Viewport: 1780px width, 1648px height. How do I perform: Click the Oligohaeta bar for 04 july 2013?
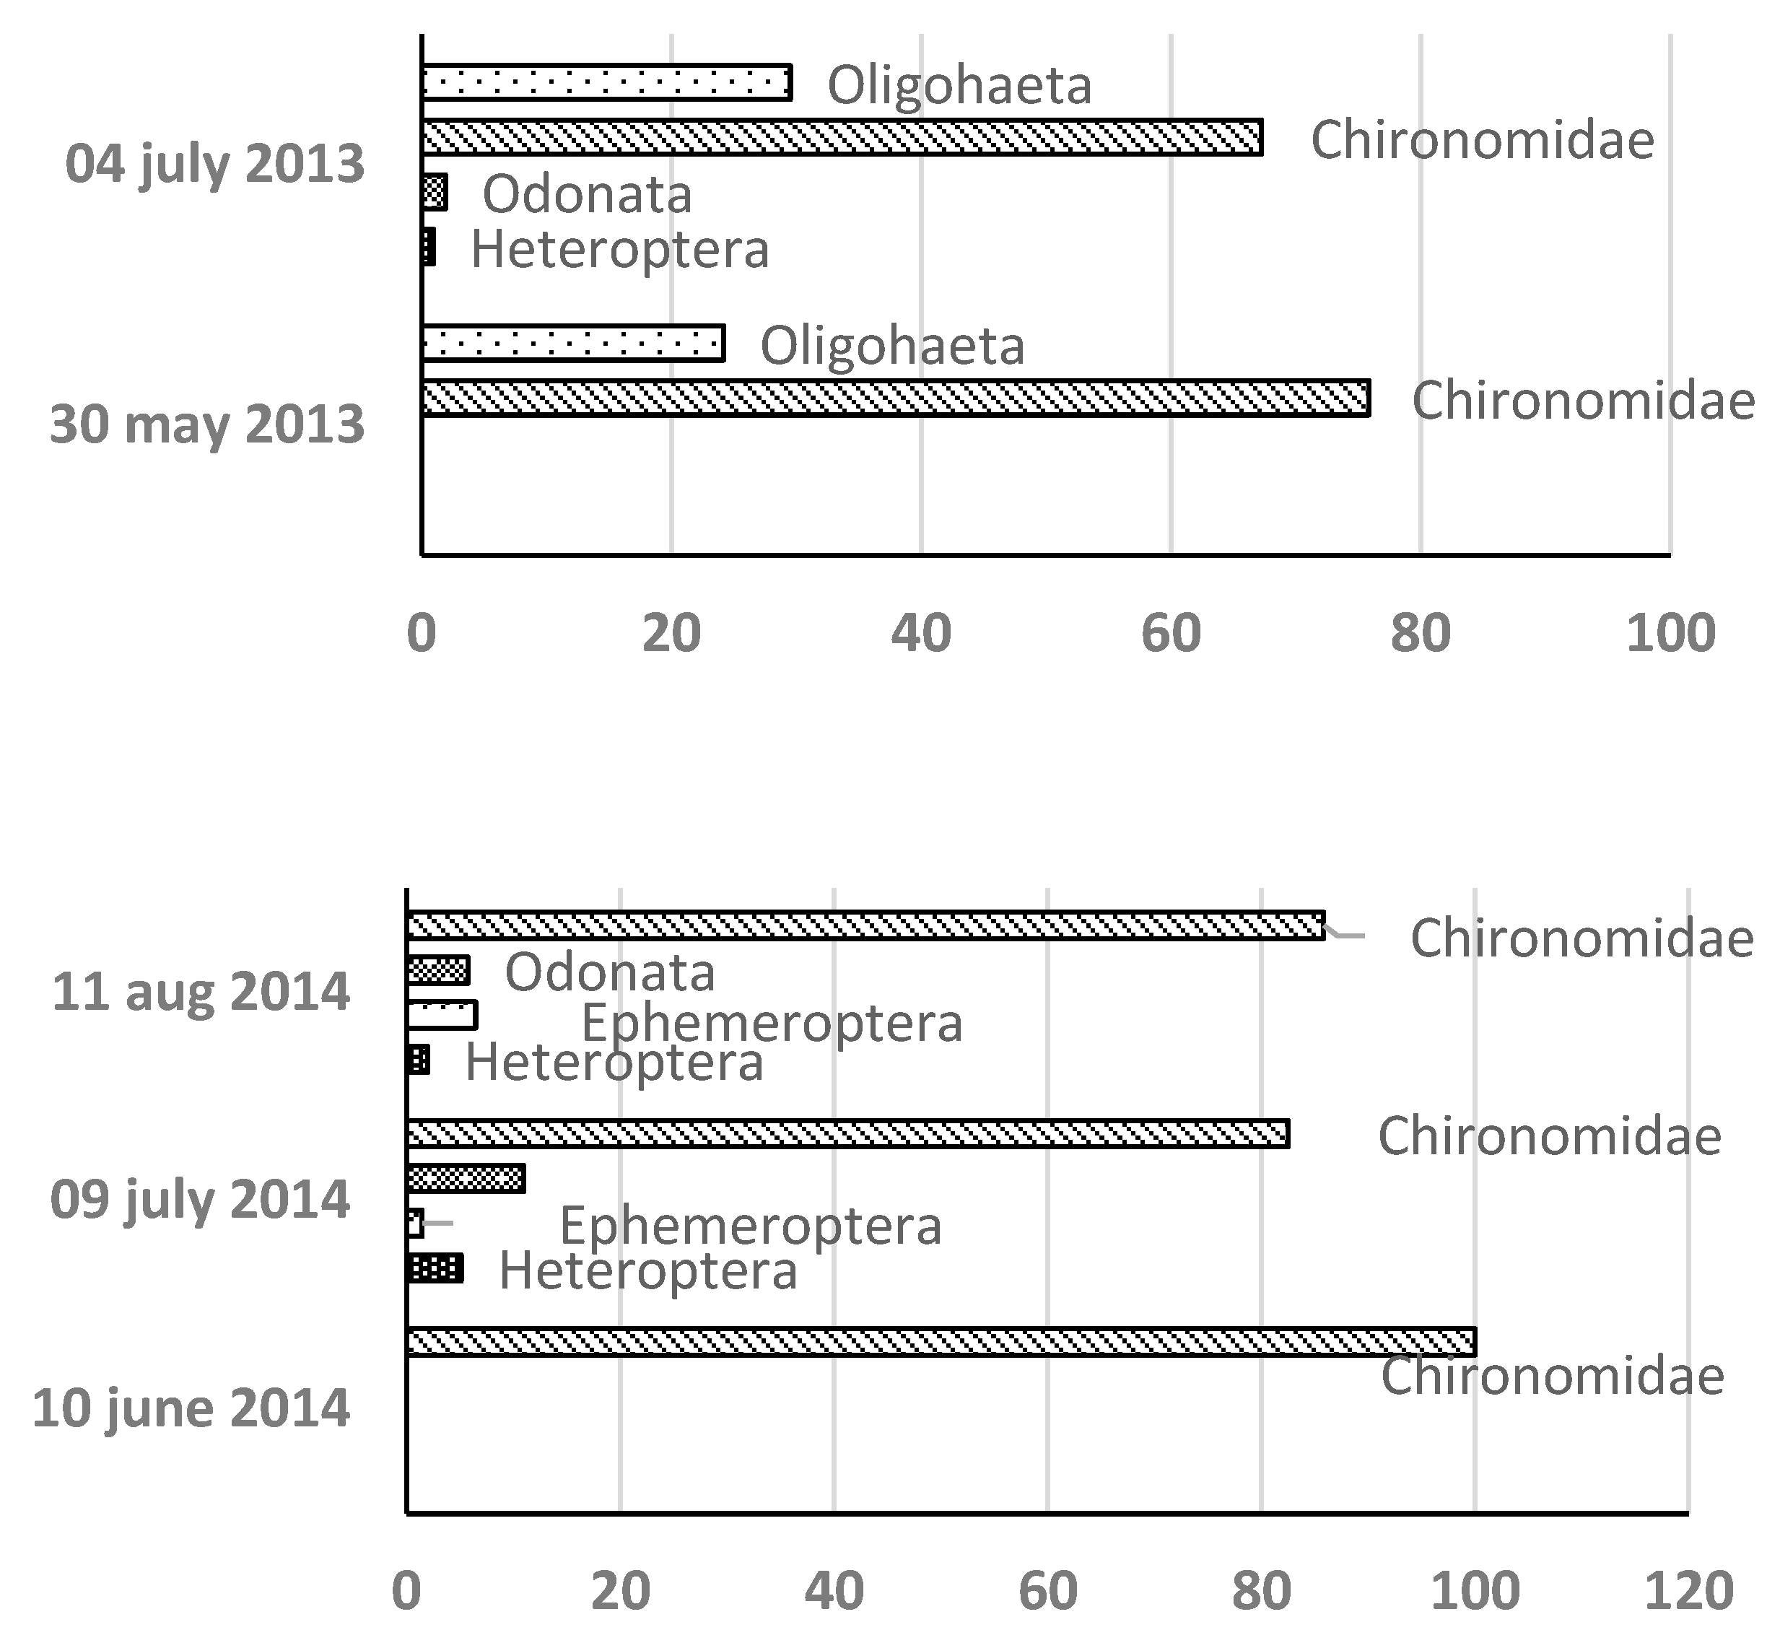[x=606, y=83]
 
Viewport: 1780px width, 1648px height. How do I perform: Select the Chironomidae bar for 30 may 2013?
[x=894, y=398]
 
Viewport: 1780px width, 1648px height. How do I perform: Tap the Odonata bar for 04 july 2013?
[x=435, y=193]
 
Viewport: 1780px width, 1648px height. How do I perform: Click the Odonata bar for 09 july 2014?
[x=466, y=1178]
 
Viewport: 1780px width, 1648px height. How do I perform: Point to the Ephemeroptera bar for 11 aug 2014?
[x=442, y=1015]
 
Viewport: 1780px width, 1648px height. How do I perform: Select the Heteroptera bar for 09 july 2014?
[x=435, y=1267]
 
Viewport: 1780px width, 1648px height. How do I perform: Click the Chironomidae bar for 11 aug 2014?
[x=865, y=925]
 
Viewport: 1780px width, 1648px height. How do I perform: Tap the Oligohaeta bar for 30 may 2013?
[x=572, y=344]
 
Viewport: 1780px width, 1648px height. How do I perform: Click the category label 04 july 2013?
[x=215, y=165]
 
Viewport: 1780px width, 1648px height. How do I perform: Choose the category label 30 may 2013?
[x=207, y=424]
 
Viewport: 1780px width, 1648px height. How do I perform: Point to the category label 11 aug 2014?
[x=201, y=992]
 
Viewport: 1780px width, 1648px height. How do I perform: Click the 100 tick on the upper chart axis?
[x=1670, y=633]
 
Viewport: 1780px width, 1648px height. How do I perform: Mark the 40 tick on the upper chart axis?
[x=921, y=633]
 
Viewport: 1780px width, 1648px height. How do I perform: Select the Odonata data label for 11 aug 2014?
[x=610, y=972]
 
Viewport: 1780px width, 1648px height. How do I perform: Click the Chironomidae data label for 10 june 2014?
[x=1552, y=1375]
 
